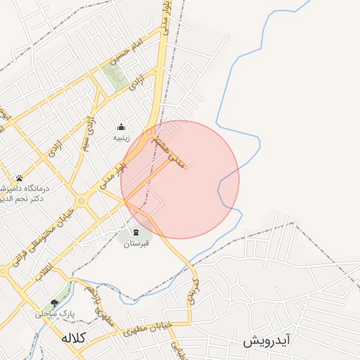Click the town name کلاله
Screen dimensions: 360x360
tap(73, 337)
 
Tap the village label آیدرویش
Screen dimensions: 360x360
tap(267, 341)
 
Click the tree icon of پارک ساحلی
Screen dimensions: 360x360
tap(54, 303)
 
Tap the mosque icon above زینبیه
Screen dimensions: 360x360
tap(121, 127)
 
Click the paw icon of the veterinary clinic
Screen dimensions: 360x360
tap(19, 178)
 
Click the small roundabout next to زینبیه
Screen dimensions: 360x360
tap(149, 131)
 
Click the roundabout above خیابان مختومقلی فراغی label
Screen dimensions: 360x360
tap(83, 201)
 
